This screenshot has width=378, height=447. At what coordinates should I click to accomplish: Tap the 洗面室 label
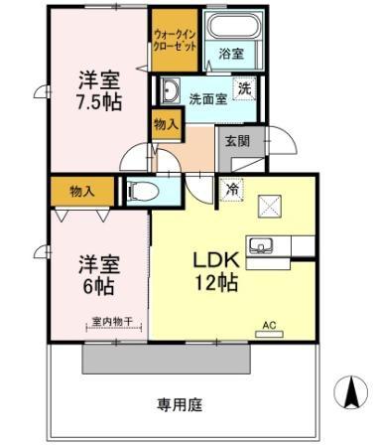pos(208,97)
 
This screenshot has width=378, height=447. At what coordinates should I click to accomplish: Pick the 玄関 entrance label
pos(236,141)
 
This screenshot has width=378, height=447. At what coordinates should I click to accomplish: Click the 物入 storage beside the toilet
pos(82,189)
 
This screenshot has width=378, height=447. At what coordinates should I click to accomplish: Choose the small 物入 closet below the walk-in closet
pos(165,125)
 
